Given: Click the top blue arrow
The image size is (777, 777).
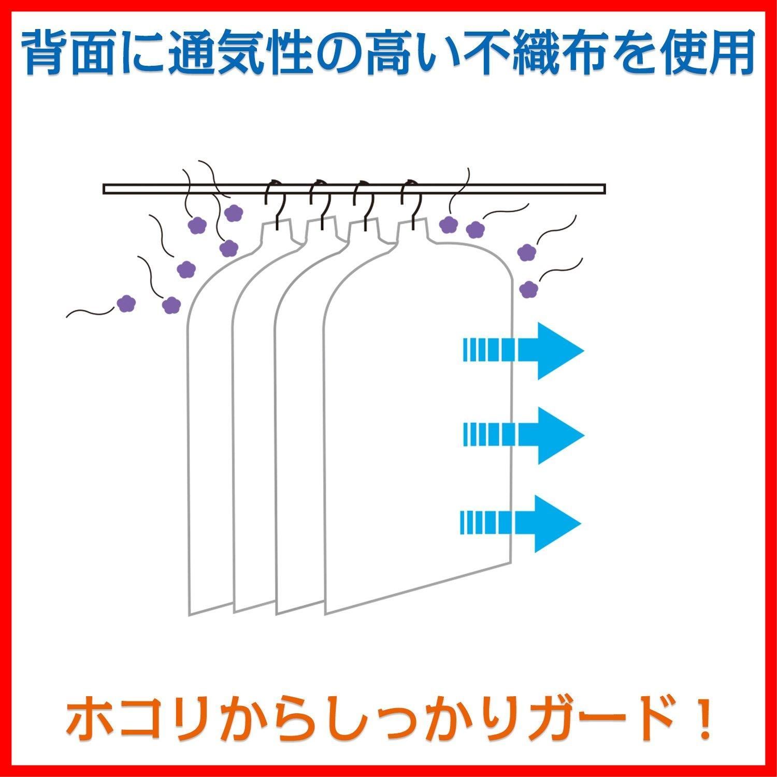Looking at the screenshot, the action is point(523,351).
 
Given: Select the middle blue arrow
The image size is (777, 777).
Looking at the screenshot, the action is point(523,435).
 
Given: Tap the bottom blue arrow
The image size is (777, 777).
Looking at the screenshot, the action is point(521,523).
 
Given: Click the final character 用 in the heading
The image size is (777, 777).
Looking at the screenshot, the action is point(729,54).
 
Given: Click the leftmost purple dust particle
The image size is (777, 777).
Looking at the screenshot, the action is point(126,303).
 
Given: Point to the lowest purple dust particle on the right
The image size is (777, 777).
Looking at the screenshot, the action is point(528,289).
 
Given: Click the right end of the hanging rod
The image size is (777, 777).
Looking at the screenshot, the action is point(605,189).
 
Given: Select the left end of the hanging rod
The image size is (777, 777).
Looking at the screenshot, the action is point(104,189).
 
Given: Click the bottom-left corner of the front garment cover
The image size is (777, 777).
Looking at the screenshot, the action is point(325,614).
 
